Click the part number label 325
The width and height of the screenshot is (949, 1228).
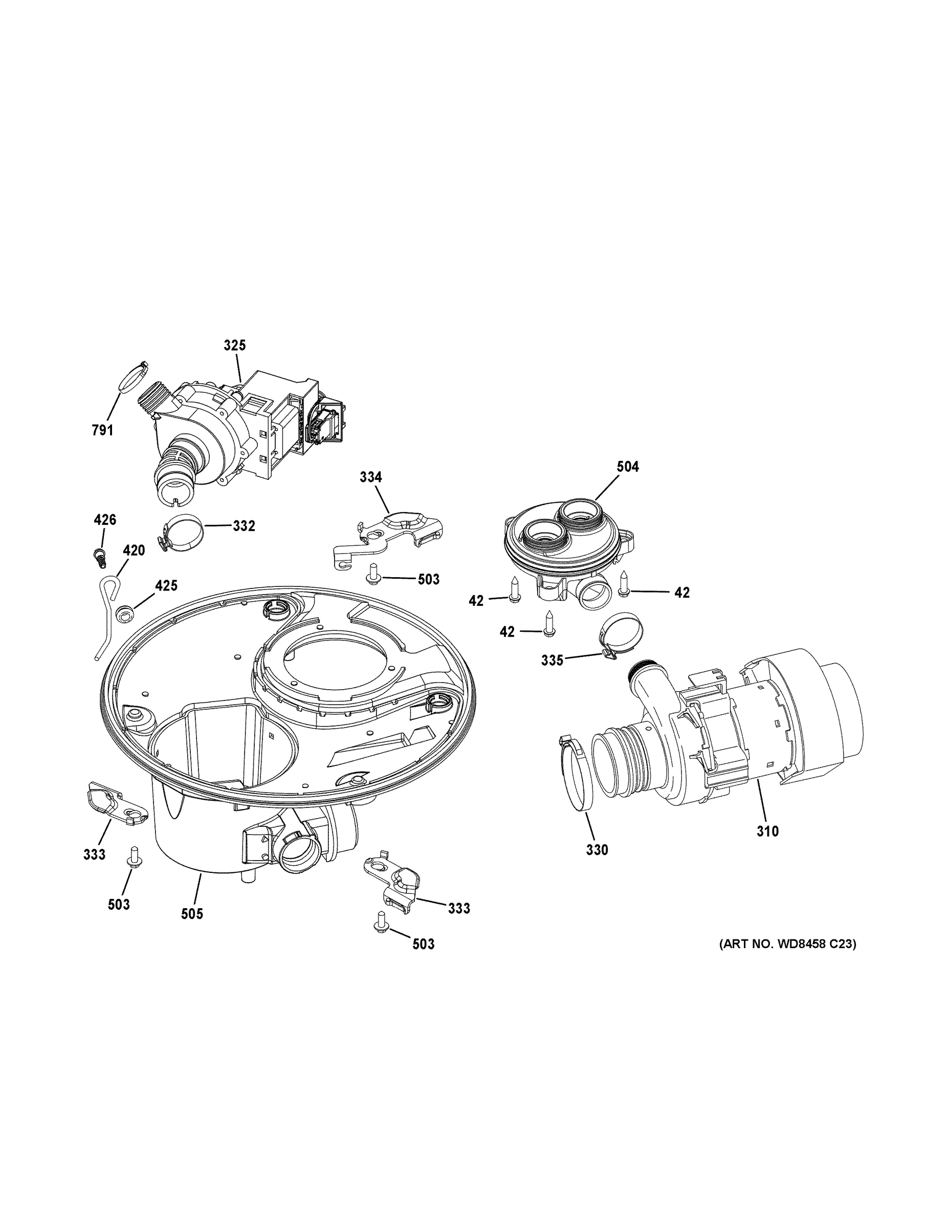(234, 345)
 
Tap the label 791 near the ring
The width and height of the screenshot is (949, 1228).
(102, 431)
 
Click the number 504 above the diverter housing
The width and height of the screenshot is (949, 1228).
(627, 467)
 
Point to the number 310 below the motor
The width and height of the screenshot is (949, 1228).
(767, 831)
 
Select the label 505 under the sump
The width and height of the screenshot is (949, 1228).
(192, 914)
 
